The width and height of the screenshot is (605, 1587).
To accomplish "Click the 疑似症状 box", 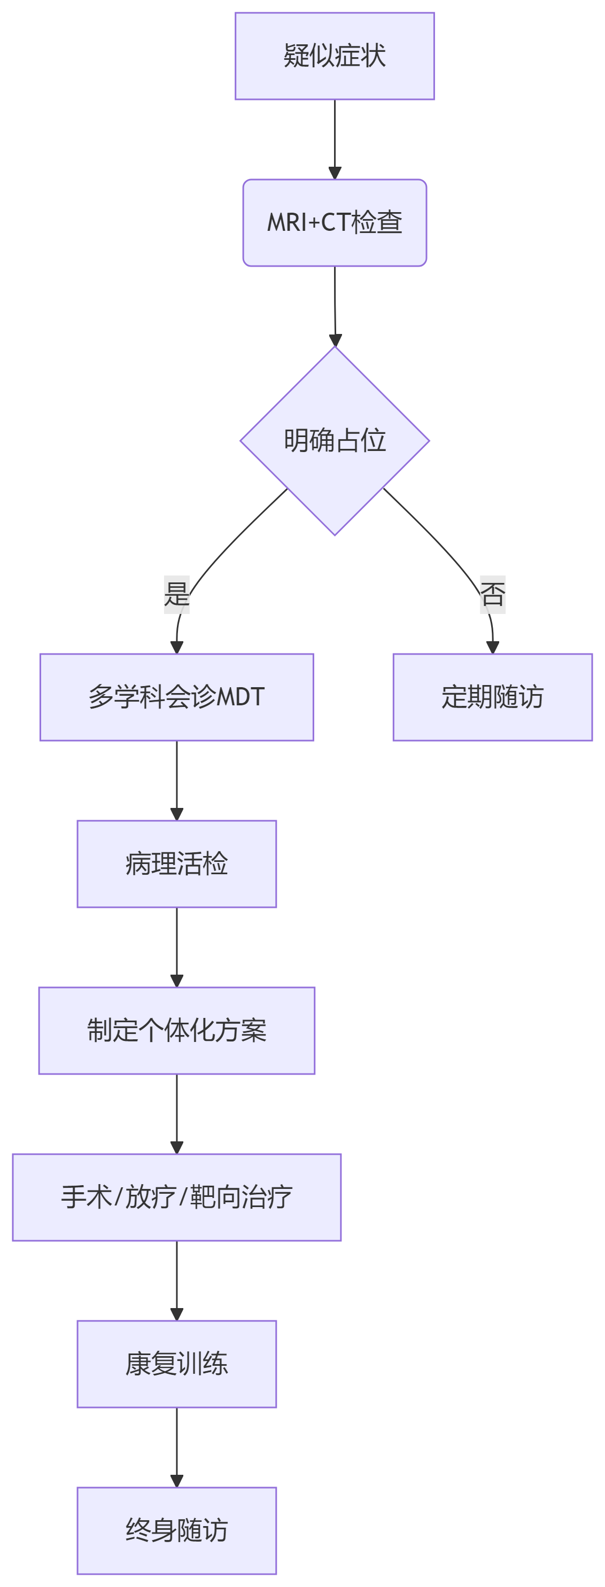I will pyautogui.click(x=335, y=56).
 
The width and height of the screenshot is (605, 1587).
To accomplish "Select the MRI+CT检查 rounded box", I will pyautogui.click(x=335, y=222).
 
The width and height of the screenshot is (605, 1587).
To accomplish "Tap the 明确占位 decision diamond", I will pyautogui.click(x=335, y=440).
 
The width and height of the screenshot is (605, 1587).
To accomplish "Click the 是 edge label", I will pyautogui.click(x=176, y=594).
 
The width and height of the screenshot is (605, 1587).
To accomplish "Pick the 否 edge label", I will pyautogui.click(x=492, y=594).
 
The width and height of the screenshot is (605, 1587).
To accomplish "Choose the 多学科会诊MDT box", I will pyautogui.click(x=176, y=697).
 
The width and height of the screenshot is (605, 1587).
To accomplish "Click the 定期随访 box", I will pyautogui.click(x=492, y=697).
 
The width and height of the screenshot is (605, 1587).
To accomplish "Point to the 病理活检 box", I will pyautogui.click(x=176, y=863).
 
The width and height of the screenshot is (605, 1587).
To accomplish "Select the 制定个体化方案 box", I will pyautogui.click(x=176, y=1031).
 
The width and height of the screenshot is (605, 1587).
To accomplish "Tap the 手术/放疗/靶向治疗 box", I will pyautogui.click(x=176, y=1197).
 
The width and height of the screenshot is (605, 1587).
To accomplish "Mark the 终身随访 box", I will pyautogui.click(x=176, y=1530).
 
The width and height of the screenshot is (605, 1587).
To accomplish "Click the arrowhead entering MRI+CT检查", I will pyautogui.click(x=335, y=173).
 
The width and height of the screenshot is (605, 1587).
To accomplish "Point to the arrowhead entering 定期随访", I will pyautogui.click(x=492, y=648).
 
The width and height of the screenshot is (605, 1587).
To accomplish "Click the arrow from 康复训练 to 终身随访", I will pyautogui.click(x=176, y=1446).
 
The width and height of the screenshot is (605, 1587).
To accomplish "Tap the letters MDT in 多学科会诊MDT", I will pyautogui.click(x=241, y=697).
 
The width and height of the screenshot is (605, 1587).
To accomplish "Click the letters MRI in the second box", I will pyautogui.click(x=286, y=222).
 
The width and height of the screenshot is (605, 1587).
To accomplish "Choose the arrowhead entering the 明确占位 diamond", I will pyautogui.click(x=335, y=340).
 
